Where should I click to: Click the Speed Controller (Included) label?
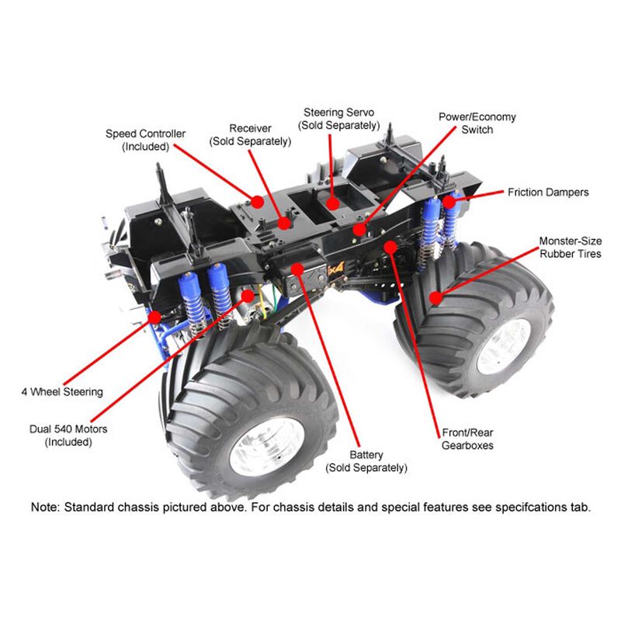point(145,140)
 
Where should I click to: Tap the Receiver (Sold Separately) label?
point(250,134)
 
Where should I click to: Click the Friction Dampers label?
point(548,192)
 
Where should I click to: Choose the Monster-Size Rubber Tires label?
point(570,248)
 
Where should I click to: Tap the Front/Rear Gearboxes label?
point(467,439)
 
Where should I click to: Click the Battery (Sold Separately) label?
point(366,460)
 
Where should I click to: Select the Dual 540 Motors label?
point(68,435)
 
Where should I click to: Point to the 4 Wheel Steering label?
point(62,392)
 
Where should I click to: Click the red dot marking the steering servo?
point(333,204)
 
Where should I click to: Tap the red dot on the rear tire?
point(437,297)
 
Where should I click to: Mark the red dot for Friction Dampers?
point(449,202)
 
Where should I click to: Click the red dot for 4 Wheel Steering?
point(155,317)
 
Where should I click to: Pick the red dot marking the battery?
point(297,268)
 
